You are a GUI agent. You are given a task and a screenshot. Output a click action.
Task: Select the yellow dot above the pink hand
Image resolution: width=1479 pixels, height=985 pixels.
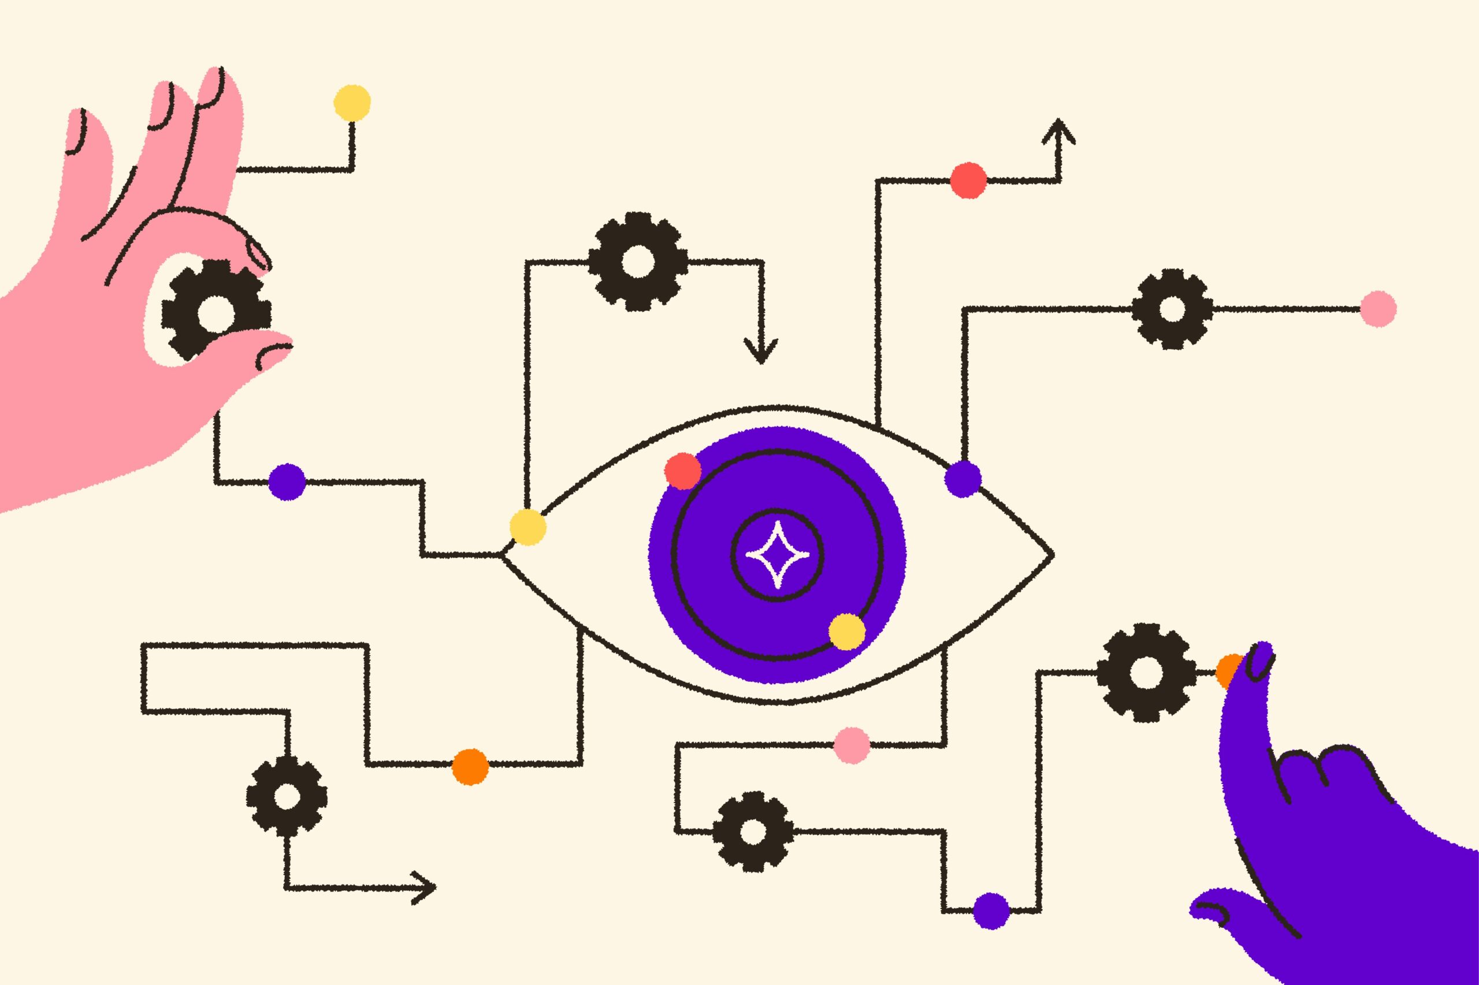(352, 102)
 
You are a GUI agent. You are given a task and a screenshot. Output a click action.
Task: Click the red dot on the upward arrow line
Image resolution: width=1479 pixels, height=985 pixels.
(968, 180)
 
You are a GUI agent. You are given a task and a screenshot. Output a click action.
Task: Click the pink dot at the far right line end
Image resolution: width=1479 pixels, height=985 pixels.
(1378, 308)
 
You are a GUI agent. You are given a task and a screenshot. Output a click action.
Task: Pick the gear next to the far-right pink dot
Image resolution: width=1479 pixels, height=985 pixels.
(1172, 309)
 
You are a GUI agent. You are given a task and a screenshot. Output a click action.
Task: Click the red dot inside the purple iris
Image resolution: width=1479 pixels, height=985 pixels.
(683, 471)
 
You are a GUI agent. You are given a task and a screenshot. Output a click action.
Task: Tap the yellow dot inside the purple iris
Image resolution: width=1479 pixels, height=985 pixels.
(846, 631)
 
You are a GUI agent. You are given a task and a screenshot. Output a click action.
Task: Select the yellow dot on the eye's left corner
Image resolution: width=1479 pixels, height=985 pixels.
(528, 527)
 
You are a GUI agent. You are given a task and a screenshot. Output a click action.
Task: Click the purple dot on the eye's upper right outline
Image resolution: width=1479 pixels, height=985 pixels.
(963, 479)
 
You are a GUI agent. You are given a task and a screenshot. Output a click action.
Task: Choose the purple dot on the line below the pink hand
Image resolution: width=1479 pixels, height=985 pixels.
(287, 482)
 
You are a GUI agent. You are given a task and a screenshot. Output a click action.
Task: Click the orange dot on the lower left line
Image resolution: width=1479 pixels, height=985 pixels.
(470, 767)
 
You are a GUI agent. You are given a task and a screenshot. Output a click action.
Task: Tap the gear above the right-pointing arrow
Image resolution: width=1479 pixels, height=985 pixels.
(287, 798)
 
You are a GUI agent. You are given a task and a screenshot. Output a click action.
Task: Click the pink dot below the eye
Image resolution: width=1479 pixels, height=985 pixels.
(852, 745)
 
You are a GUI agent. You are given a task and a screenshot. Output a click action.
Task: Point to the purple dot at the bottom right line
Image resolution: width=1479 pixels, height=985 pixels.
(991, 909)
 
